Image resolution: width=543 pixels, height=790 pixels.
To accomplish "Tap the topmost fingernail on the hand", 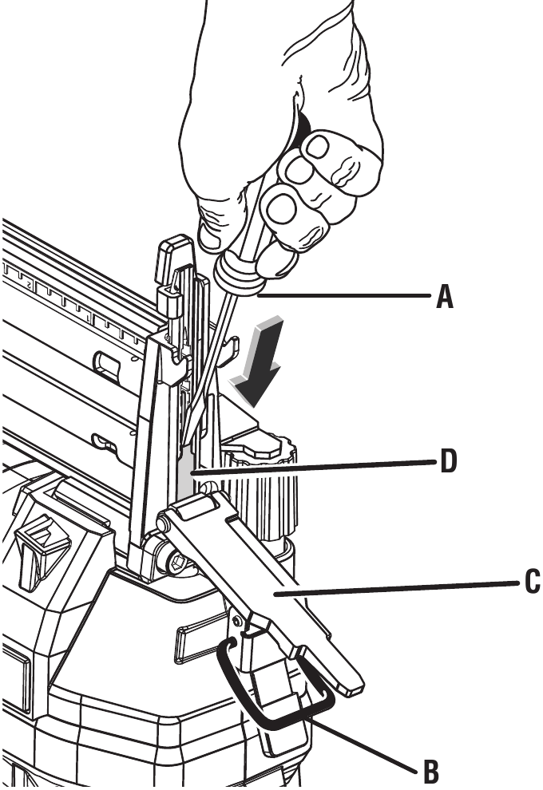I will [x=319, y=145].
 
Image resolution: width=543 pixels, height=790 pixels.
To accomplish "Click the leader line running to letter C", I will [x=399, y=589].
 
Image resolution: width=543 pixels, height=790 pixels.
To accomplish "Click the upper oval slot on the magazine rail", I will [x=106, y=364].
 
